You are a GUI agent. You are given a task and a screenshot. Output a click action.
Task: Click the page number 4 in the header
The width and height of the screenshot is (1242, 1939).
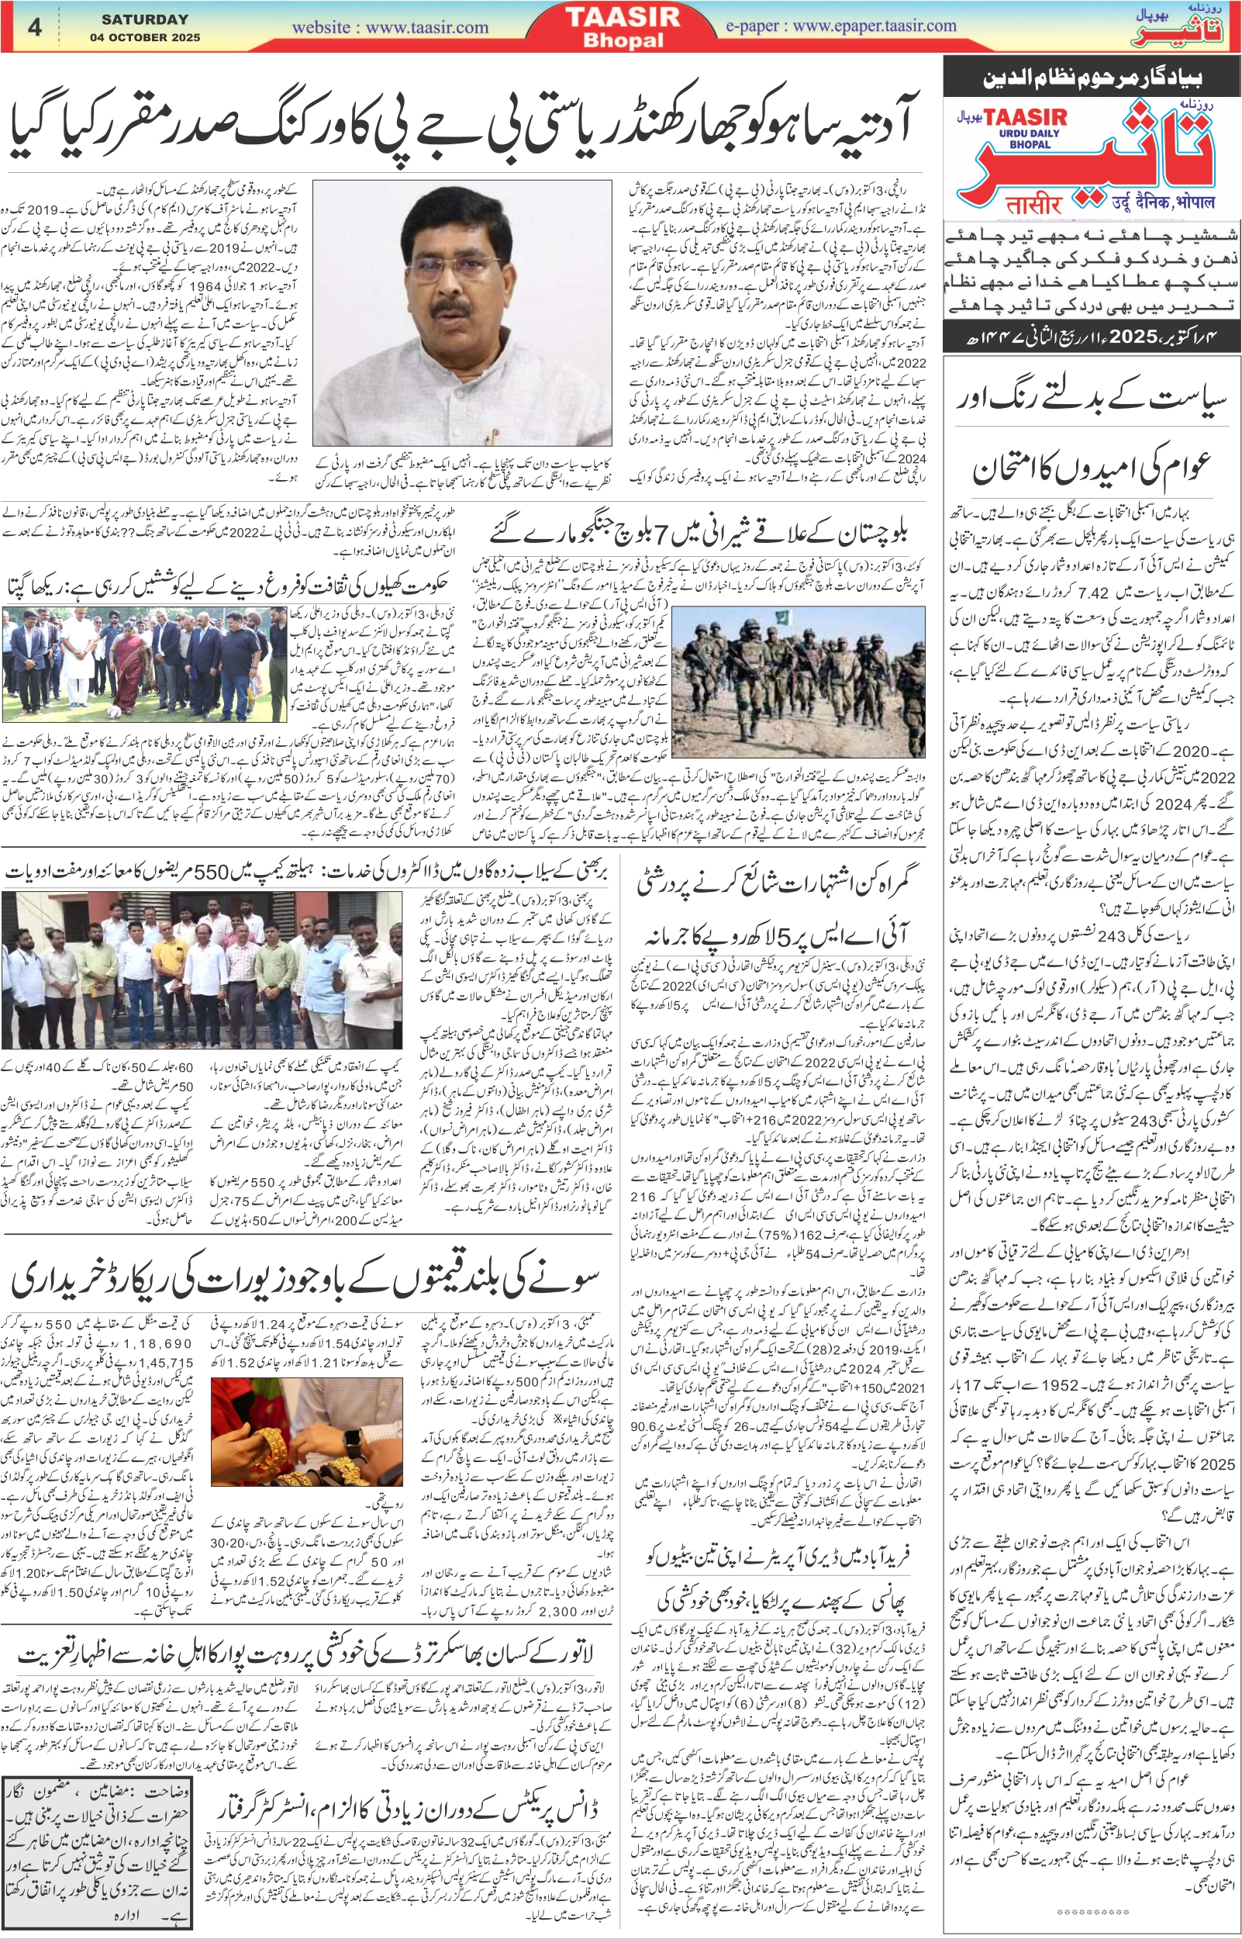35,27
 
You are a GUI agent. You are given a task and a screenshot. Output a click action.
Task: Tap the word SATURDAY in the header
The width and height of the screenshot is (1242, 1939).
145,19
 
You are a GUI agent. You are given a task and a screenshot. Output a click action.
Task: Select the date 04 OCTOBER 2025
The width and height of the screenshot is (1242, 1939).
145,38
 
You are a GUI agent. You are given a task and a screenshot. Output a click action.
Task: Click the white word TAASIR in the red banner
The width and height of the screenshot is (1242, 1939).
623,17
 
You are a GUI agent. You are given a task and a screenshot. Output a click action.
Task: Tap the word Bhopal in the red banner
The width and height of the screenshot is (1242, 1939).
623,40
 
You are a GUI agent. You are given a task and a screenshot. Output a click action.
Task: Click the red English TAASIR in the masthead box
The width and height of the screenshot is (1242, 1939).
1025,119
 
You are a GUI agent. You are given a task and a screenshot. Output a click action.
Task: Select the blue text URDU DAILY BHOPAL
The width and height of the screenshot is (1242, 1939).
1030,139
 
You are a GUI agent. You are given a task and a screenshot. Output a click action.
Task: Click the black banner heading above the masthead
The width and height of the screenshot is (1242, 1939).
1092,78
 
